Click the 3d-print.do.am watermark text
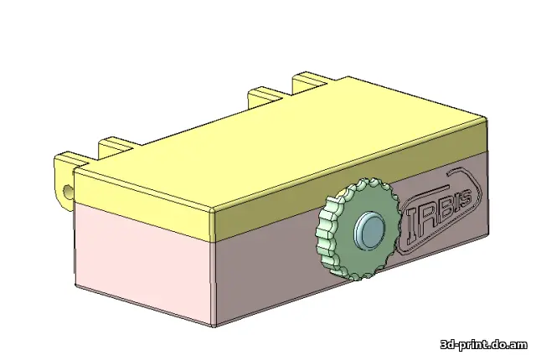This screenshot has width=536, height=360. pyautogui.click(x=483, y=344)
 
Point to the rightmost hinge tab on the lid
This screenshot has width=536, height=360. pyautogui.click(x=312, y=81)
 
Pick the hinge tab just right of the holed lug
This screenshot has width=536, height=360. pyautogui.click(x=117, y=147)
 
